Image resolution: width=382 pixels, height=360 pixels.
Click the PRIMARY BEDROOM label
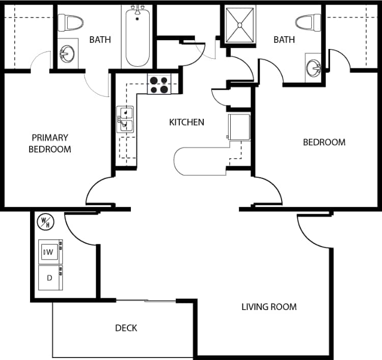click(49, 143)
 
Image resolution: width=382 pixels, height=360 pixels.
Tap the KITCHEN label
click(186, 122)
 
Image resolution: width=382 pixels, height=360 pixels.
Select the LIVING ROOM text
click(269, 307)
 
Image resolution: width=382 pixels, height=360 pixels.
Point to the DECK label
click(126, 328)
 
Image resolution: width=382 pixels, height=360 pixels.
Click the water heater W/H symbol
click(45, 221)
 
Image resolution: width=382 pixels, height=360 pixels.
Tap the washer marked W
click(50, 251)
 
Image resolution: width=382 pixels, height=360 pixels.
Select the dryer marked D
click(50, 278)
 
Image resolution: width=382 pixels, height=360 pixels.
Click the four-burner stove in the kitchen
click(158, 84)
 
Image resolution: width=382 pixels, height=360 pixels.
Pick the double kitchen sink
click(125, 119)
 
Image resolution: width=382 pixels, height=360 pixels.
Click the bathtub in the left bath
click(137, 37)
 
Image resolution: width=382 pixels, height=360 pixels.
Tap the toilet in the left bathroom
click(70, 22)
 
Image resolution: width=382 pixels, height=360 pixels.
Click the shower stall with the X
click(240, 24)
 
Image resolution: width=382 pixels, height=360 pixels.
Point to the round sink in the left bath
click(67, 53)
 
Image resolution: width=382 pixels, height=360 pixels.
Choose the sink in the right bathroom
click(313, 67)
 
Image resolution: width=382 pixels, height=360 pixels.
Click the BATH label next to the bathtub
click(100, 40)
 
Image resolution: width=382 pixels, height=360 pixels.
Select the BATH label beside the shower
click(284, 40)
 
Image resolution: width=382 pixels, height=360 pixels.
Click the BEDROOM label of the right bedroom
click(324, 142)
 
